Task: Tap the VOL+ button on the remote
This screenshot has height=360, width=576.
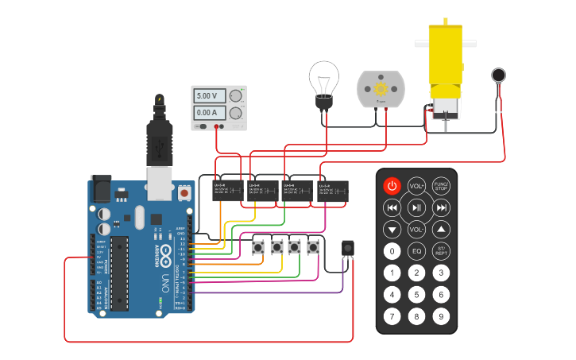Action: point(416,186)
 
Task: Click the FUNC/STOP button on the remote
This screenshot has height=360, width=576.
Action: point(441,186)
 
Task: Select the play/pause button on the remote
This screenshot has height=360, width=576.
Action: point(416,208)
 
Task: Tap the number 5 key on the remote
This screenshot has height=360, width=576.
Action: point(416,294)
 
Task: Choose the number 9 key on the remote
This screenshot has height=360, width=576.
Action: point(441,315)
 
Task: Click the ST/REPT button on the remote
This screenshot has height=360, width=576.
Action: point(441,251)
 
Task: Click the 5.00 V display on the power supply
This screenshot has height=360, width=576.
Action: point(207,96)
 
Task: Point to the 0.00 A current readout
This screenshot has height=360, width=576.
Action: point(207,113)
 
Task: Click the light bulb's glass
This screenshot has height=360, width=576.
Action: point(323,78)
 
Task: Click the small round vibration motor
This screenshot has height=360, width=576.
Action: point(498,75)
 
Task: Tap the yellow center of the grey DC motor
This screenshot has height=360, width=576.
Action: point(381,87)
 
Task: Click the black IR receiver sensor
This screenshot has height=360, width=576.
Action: point(347,248)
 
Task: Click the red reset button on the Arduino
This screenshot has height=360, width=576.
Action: point(184,193)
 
